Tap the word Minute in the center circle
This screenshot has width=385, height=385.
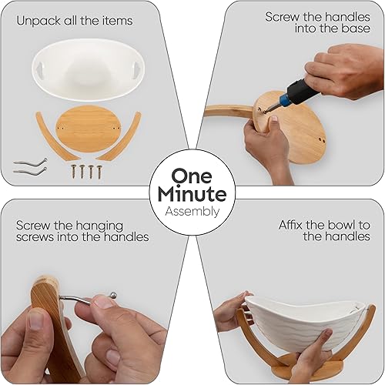coord(192,193)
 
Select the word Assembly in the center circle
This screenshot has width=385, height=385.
coord(192,211)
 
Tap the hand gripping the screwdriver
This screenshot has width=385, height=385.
coord(343,69)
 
